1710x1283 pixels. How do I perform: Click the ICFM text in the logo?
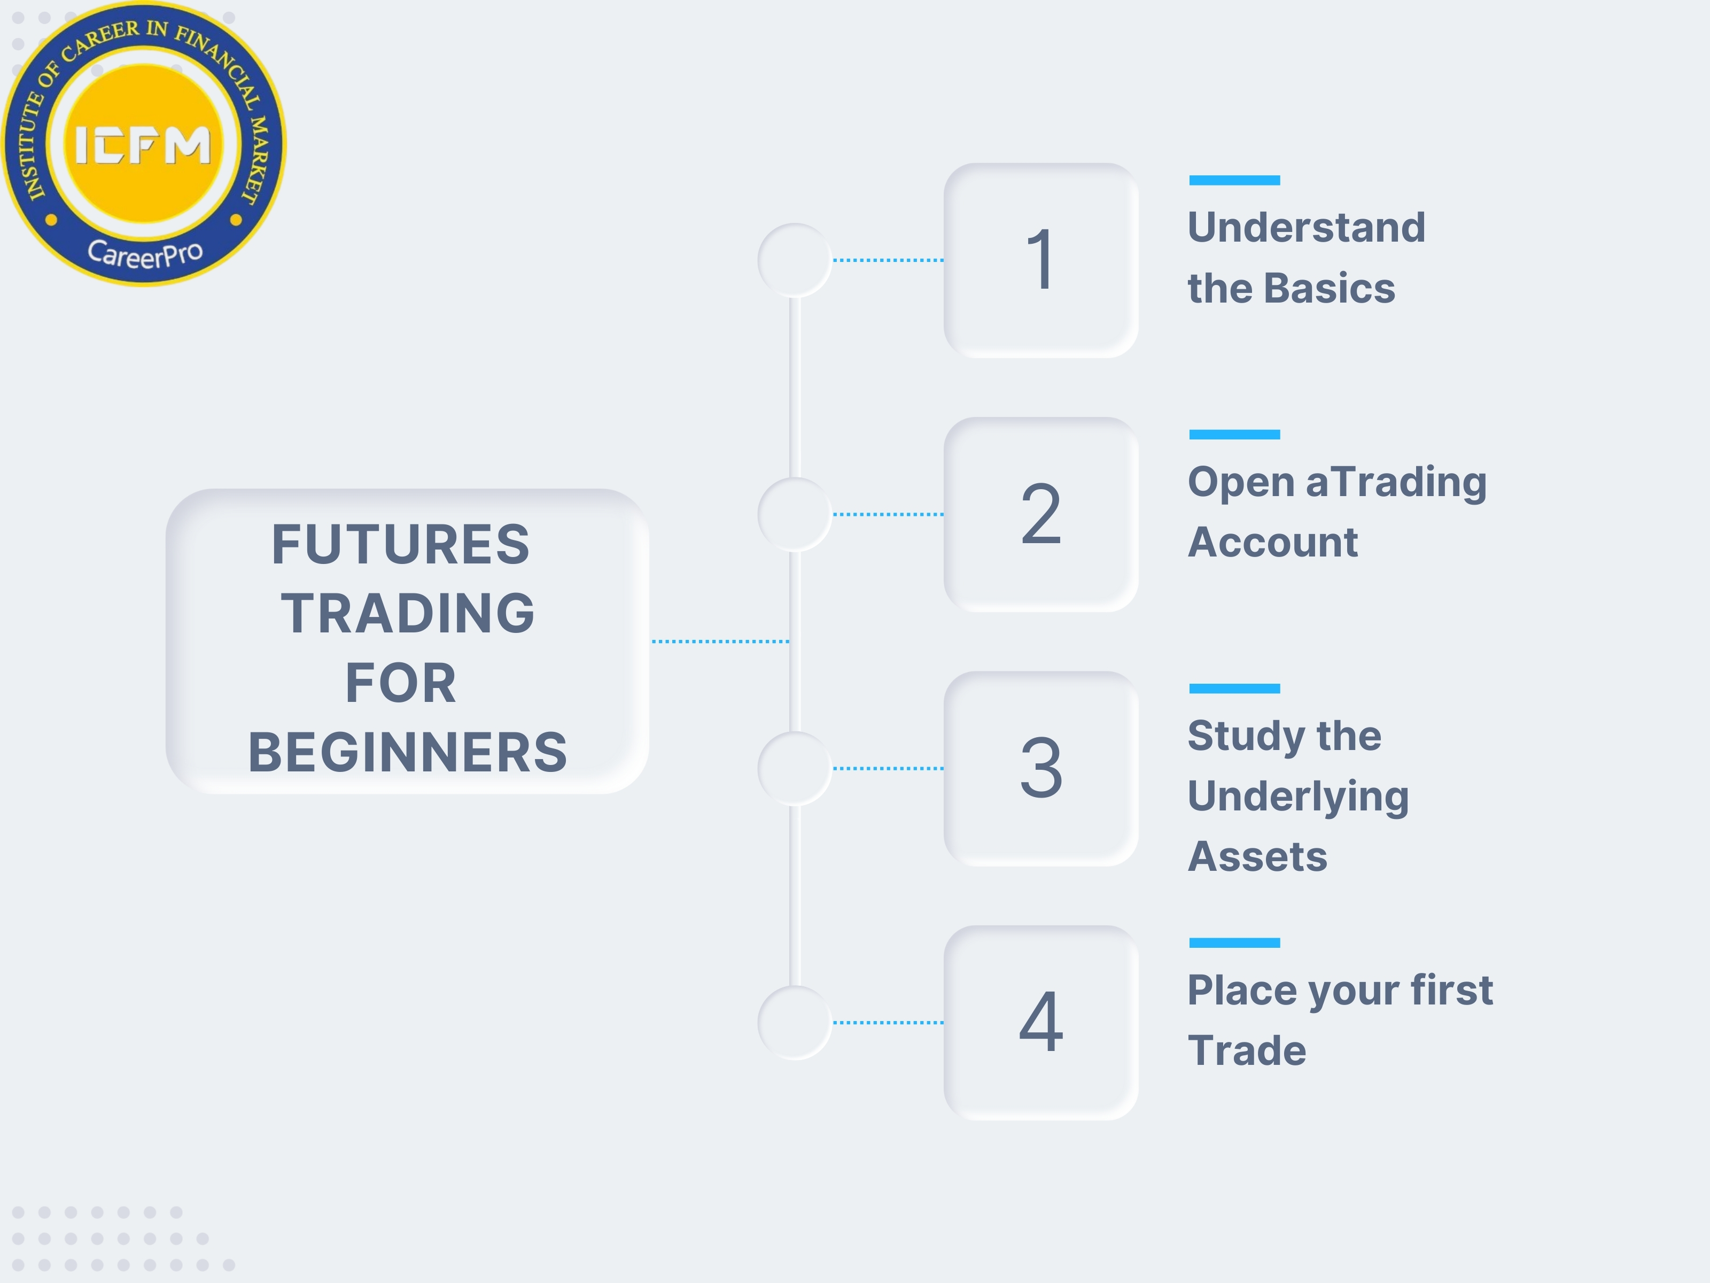click(143, 145)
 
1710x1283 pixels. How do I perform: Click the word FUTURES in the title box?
click(400, 544)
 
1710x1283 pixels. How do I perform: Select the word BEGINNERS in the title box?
click(407, 753)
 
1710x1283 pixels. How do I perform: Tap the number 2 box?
click(1040, 514)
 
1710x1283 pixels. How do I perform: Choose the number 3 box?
click(1040, 768)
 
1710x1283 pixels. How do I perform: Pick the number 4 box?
click(1040, 1022)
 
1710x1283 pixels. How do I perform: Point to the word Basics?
click(1330, 289)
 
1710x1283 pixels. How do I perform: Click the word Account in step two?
click(1272, 542)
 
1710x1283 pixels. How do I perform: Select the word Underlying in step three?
click(1298, 797)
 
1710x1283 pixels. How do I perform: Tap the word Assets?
click(1257, 857)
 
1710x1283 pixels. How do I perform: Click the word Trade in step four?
click(1246, 1051)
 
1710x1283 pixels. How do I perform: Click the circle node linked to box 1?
click(795, 261)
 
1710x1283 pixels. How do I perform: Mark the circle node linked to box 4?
click(795, 1022)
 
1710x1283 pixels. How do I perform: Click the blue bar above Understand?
click(1234, 180)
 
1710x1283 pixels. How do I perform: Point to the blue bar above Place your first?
click(1234, 942)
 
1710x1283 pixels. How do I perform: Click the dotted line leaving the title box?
click(720, 641)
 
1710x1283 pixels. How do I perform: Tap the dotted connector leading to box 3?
click(888, 768)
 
